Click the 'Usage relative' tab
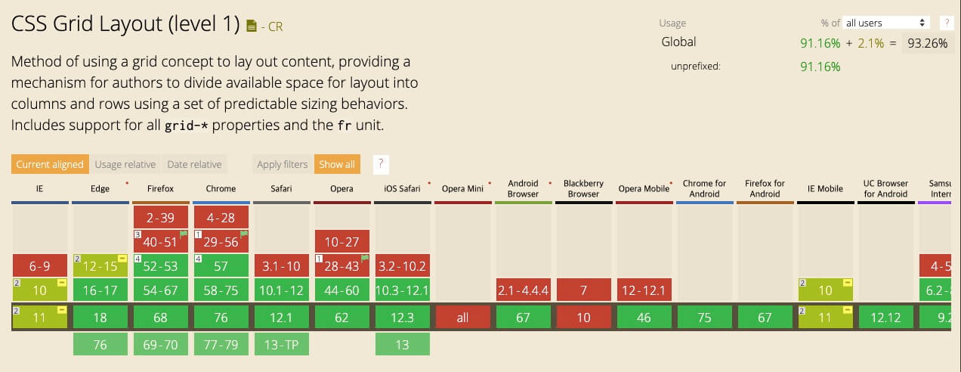125,164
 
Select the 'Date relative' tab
194,164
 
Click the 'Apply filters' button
282,164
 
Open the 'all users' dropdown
886,23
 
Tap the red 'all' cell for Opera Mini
462,318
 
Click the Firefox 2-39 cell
160,218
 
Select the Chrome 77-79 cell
221,345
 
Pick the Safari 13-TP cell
281,345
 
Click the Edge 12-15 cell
100,266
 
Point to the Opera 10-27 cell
341,242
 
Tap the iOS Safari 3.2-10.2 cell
402,266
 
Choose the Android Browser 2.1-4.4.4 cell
523,290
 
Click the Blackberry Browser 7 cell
583,290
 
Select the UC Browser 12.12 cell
885,318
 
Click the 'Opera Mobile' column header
644,188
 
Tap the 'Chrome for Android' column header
704,188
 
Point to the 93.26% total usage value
927,43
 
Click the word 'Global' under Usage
678,42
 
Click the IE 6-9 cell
39,266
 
